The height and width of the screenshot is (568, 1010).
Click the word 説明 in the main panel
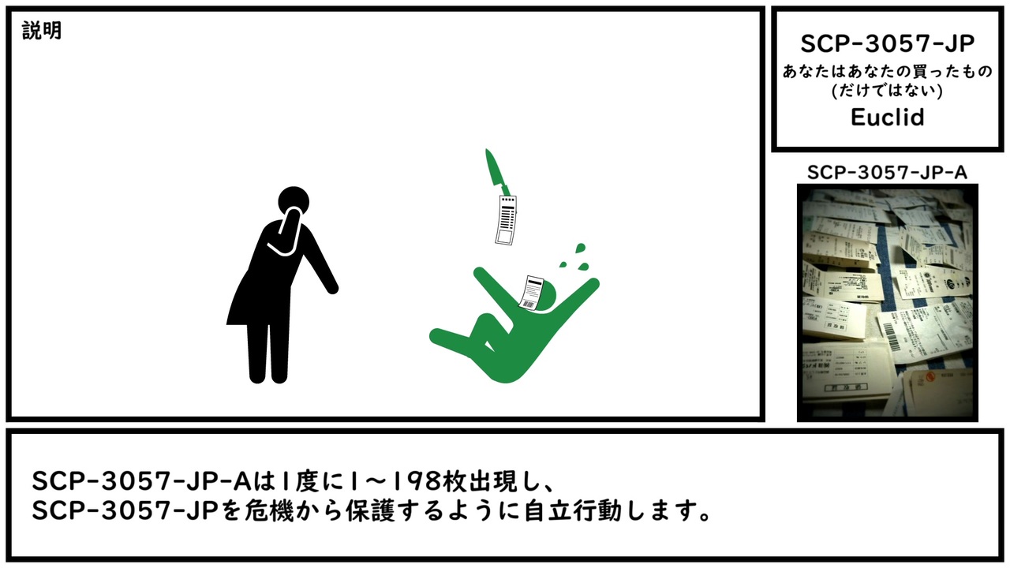42,31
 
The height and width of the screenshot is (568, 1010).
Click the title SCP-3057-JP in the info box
888,43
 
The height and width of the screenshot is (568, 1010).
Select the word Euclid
888,118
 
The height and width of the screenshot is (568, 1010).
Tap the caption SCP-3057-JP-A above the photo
887,173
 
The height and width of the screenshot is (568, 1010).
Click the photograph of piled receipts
888,302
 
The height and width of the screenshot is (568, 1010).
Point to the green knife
497,173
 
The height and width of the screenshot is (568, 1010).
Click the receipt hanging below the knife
506,220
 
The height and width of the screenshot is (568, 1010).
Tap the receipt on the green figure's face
531,293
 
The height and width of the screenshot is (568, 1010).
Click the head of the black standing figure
294,201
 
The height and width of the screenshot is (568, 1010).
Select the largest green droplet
580,248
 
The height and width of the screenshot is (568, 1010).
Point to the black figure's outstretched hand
332,288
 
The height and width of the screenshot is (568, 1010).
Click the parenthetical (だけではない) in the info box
888,91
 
